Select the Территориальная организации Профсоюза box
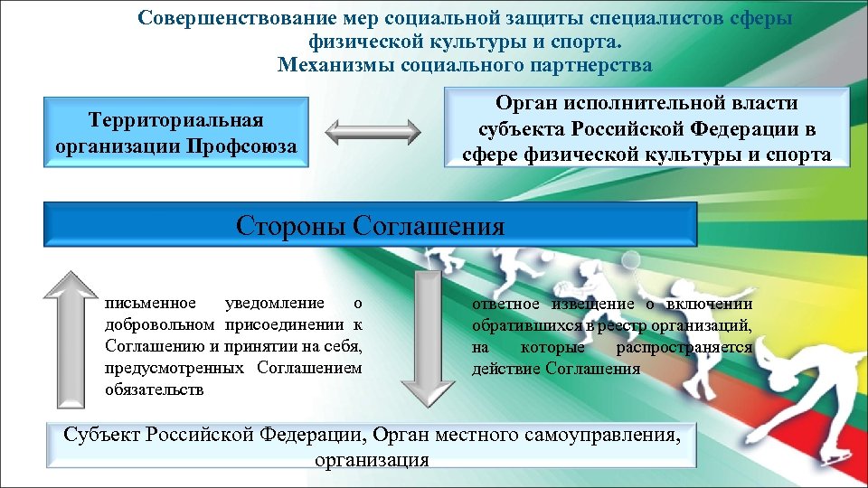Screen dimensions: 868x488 pyautogui.click(x=175, y=133)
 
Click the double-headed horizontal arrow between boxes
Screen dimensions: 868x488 pyautogui.click(x=372, y=133)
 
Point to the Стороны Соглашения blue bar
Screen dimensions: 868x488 pyautogui.click(x=370, y=225)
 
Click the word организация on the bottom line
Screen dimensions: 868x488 pyautogui.click(x=372, y=459)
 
